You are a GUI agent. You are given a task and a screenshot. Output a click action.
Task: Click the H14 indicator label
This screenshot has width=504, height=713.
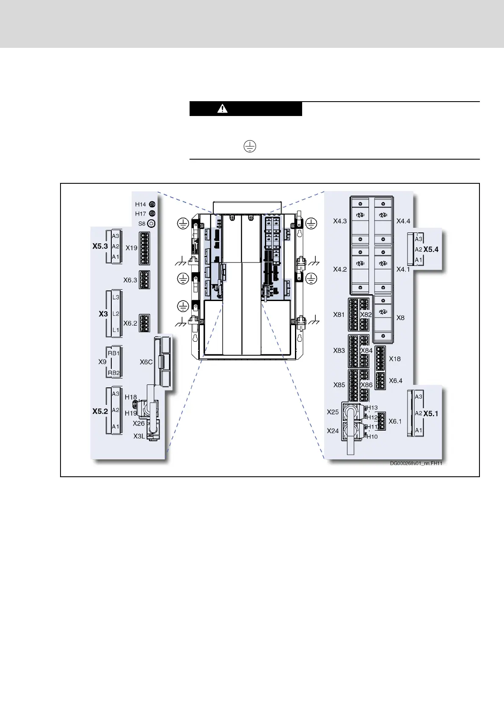click(x=140, y=205)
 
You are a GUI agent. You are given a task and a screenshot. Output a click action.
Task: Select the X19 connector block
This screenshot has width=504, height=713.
click(x=144, y=248)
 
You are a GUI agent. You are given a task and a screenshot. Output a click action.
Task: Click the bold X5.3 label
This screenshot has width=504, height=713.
click(x=100, y=246)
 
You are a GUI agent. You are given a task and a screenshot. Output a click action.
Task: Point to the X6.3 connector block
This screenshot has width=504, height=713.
click(x=144, y=280)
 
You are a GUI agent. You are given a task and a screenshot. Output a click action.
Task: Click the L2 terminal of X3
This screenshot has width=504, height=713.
click(x=116, y=314)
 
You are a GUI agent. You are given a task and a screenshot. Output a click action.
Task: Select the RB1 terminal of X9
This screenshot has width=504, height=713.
click(x=113, y=353)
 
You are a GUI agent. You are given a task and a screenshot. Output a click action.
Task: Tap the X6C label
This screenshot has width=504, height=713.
click(x=146, y=362)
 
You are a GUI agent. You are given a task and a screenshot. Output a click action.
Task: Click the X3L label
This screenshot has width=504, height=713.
click(x=139, y=436)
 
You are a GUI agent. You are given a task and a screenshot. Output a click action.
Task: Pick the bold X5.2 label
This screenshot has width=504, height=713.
click(x=100, y=411)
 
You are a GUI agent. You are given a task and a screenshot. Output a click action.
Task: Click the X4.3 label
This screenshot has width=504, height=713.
click(x=340, y=221)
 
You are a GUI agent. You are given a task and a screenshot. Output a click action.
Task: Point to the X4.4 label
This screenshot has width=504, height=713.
click(x=403, y=221)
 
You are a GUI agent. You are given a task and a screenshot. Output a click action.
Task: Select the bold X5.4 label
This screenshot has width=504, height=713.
click(x=431, y=249)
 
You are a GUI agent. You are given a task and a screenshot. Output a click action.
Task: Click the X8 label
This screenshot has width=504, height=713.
click(x=400, y=318)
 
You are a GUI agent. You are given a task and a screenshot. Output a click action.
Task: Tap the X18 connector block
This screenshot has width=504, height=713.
click(x=380, y=356)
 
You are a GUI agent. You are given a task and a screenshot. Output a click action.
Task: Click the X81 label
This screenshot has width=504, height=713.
click(x=339, y=315)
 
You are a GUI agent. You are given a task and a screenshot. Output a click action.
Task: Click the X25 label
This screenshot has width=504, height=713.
click(x=333, y=412)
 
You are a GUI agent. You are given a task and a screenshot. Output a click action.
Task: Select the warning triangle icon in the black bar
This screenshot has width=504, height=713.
click(x=222, y=109)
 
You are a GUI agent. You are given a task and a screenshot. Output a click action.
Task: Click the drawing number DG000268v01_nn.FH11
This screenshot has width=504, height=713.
click(x=416, y=463)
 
